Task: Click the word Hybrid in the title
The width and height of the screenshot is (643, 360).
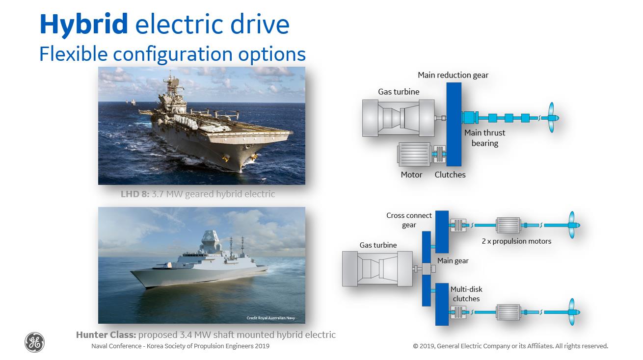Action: coord(83,25)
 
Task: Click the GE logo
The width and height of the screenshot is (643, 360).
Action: coord(34,342)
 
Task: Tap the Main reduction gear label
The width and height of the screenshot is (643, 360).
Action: coord(453,75)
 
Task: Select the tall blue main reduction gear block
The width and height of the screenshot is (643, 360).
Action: coord(454,124)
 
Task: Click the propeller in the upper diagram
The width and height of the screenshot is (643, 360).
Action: coord(552,117)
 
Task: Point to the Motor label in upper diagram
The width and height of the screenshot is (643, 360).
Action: coord(411,175)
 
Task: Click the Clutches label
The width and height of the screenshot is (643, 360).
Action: coord(450,175)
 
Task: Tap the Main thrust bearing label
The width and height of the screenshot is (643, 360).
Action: coord(484,138)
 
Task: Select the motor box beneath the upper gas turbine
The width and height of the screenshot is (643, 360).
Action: coord(414,154)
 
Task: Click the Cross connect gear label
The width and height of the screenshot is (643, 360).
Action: coord(409,220)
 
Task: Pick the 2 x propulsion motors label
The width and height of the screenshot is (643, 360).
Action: coord(516,241)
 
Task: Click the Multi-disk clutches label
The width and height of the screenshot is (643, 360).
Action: coord(466,294)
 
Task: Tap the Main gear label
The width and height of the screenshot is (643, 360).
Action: coord(453,261)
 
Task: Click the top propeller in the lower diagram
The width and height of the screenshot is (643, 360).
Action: coord(573,225)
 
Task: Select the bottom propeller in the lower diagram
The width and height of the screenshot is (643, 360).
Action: coord(573,312)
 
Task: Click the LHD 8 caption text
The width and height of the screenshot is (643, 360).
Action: coord(198,194)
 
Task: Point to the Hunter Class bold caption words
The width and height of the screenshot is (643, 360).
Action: coord(106,334)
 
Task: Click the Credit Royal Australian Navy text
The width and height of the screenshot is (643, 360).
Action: coord(270,318)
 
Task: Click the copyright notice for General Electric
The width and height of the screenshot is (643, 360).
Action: coord(510,346)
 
